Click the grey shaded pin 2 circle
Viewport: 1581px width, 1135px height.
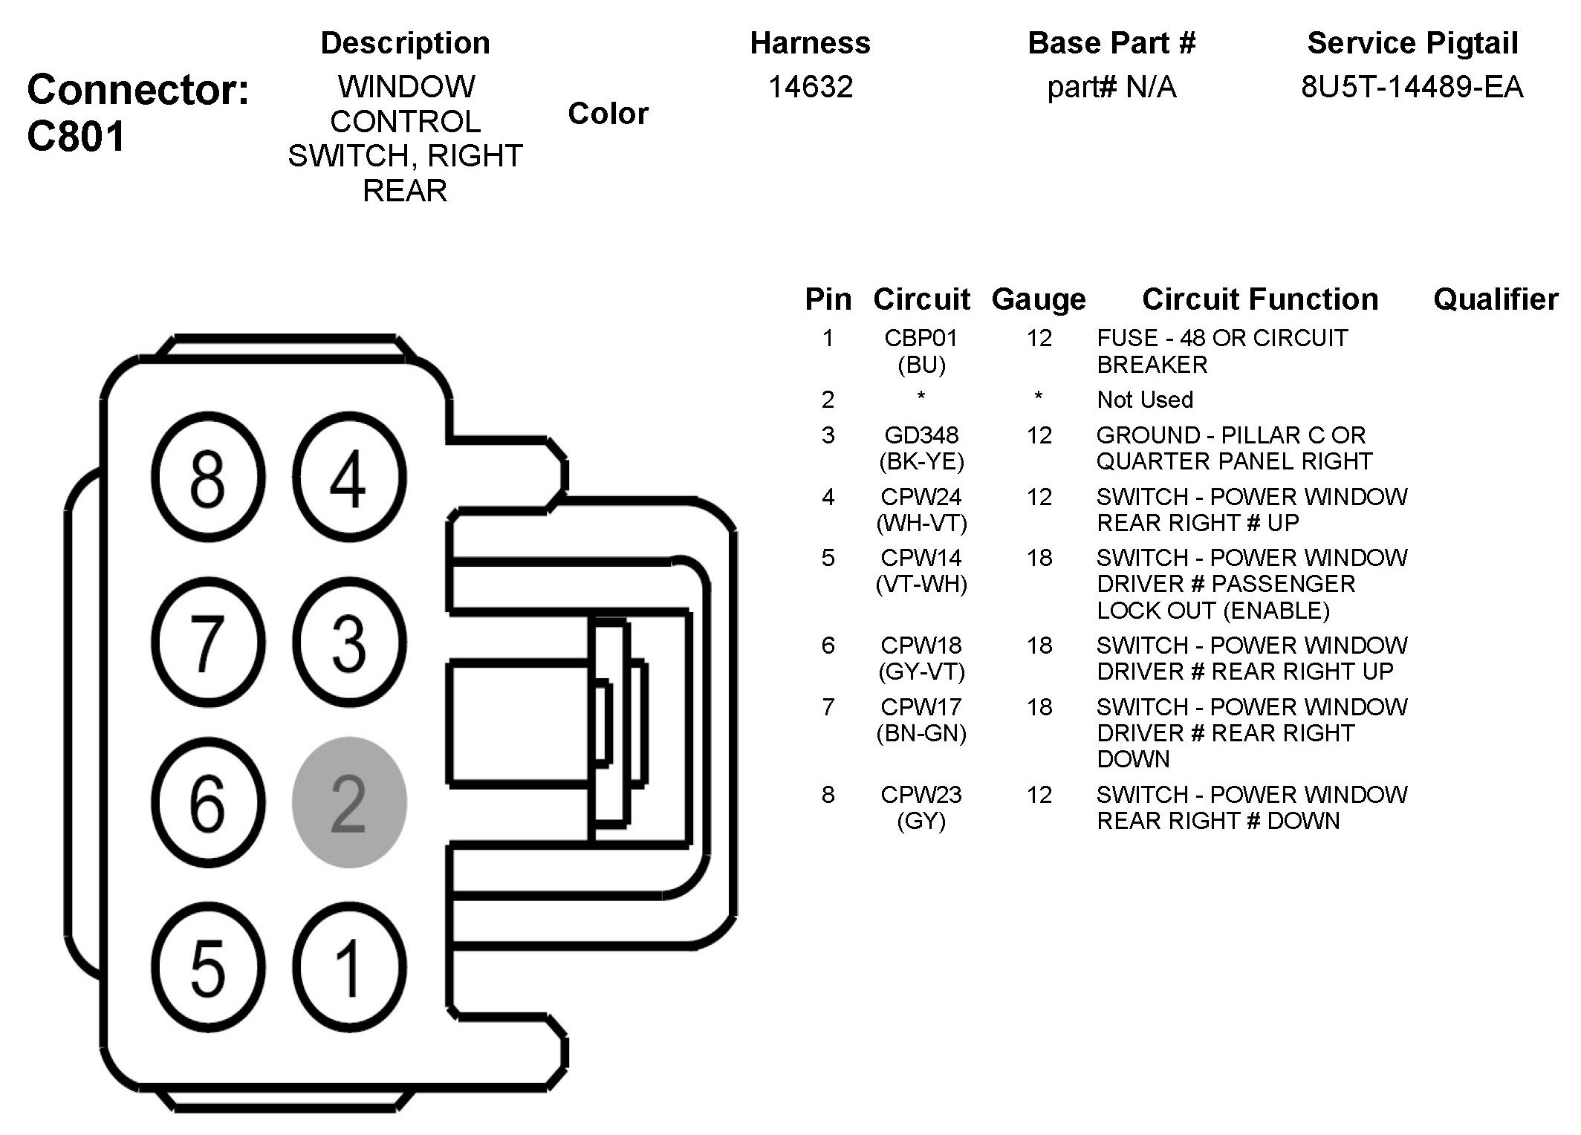coord(349,802)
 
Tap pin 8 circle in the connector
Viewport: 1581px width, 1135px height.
coord(208,477)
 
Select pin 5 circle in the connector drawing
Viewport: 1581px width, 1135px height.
coord(208,967)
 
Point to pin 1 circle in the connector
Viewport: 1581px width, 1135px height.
coord(349,967)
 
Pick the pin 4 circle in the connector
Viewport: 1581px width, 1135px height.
coord(349,477)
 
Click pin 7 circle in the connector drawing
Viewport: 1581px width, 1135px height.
coord(208,642)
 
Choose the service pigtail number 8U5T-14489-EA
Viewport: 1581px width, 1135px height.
coord(1412,88)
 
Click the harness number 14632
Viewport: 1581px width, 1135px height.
coord(810,88)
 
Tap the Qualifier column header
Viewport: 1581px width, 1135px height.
coord(1495,299)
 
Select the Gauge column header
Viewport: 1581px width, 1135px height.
coord(1039,299)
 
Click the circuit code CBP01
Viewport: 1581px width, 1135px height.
coord(921,338)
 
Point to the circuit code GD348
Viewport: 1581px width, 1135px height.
coord(921,435)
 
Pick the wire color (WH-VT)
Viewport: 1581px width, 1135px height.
coord(921,524)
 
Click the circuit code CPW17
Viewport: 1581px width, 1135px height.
coord(921,707)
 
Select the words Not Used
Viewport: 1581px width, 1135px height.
coord(1145,400)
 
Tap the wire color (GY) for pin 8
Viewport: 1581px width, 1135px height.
coord(921,822)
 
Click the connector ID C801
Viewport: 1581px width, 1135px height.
coord(76,137)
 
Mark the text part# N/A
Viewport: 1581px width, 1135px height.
coord(1111,88)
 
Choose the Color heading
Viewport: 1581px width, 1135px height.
coord(608,114)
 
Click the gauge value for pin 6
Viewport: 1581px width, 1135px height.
coord(1039,645)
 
